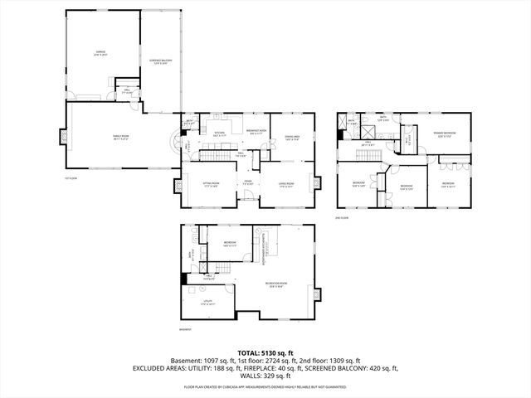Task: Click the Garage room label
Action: pos(100,54)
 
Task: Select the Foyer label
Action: pos(247,183)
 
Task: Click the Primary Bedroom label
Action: pos(443,133)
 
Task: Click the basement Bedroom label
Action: pos(229,244)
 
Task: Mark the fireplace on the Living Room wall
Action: pos(314,183)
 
